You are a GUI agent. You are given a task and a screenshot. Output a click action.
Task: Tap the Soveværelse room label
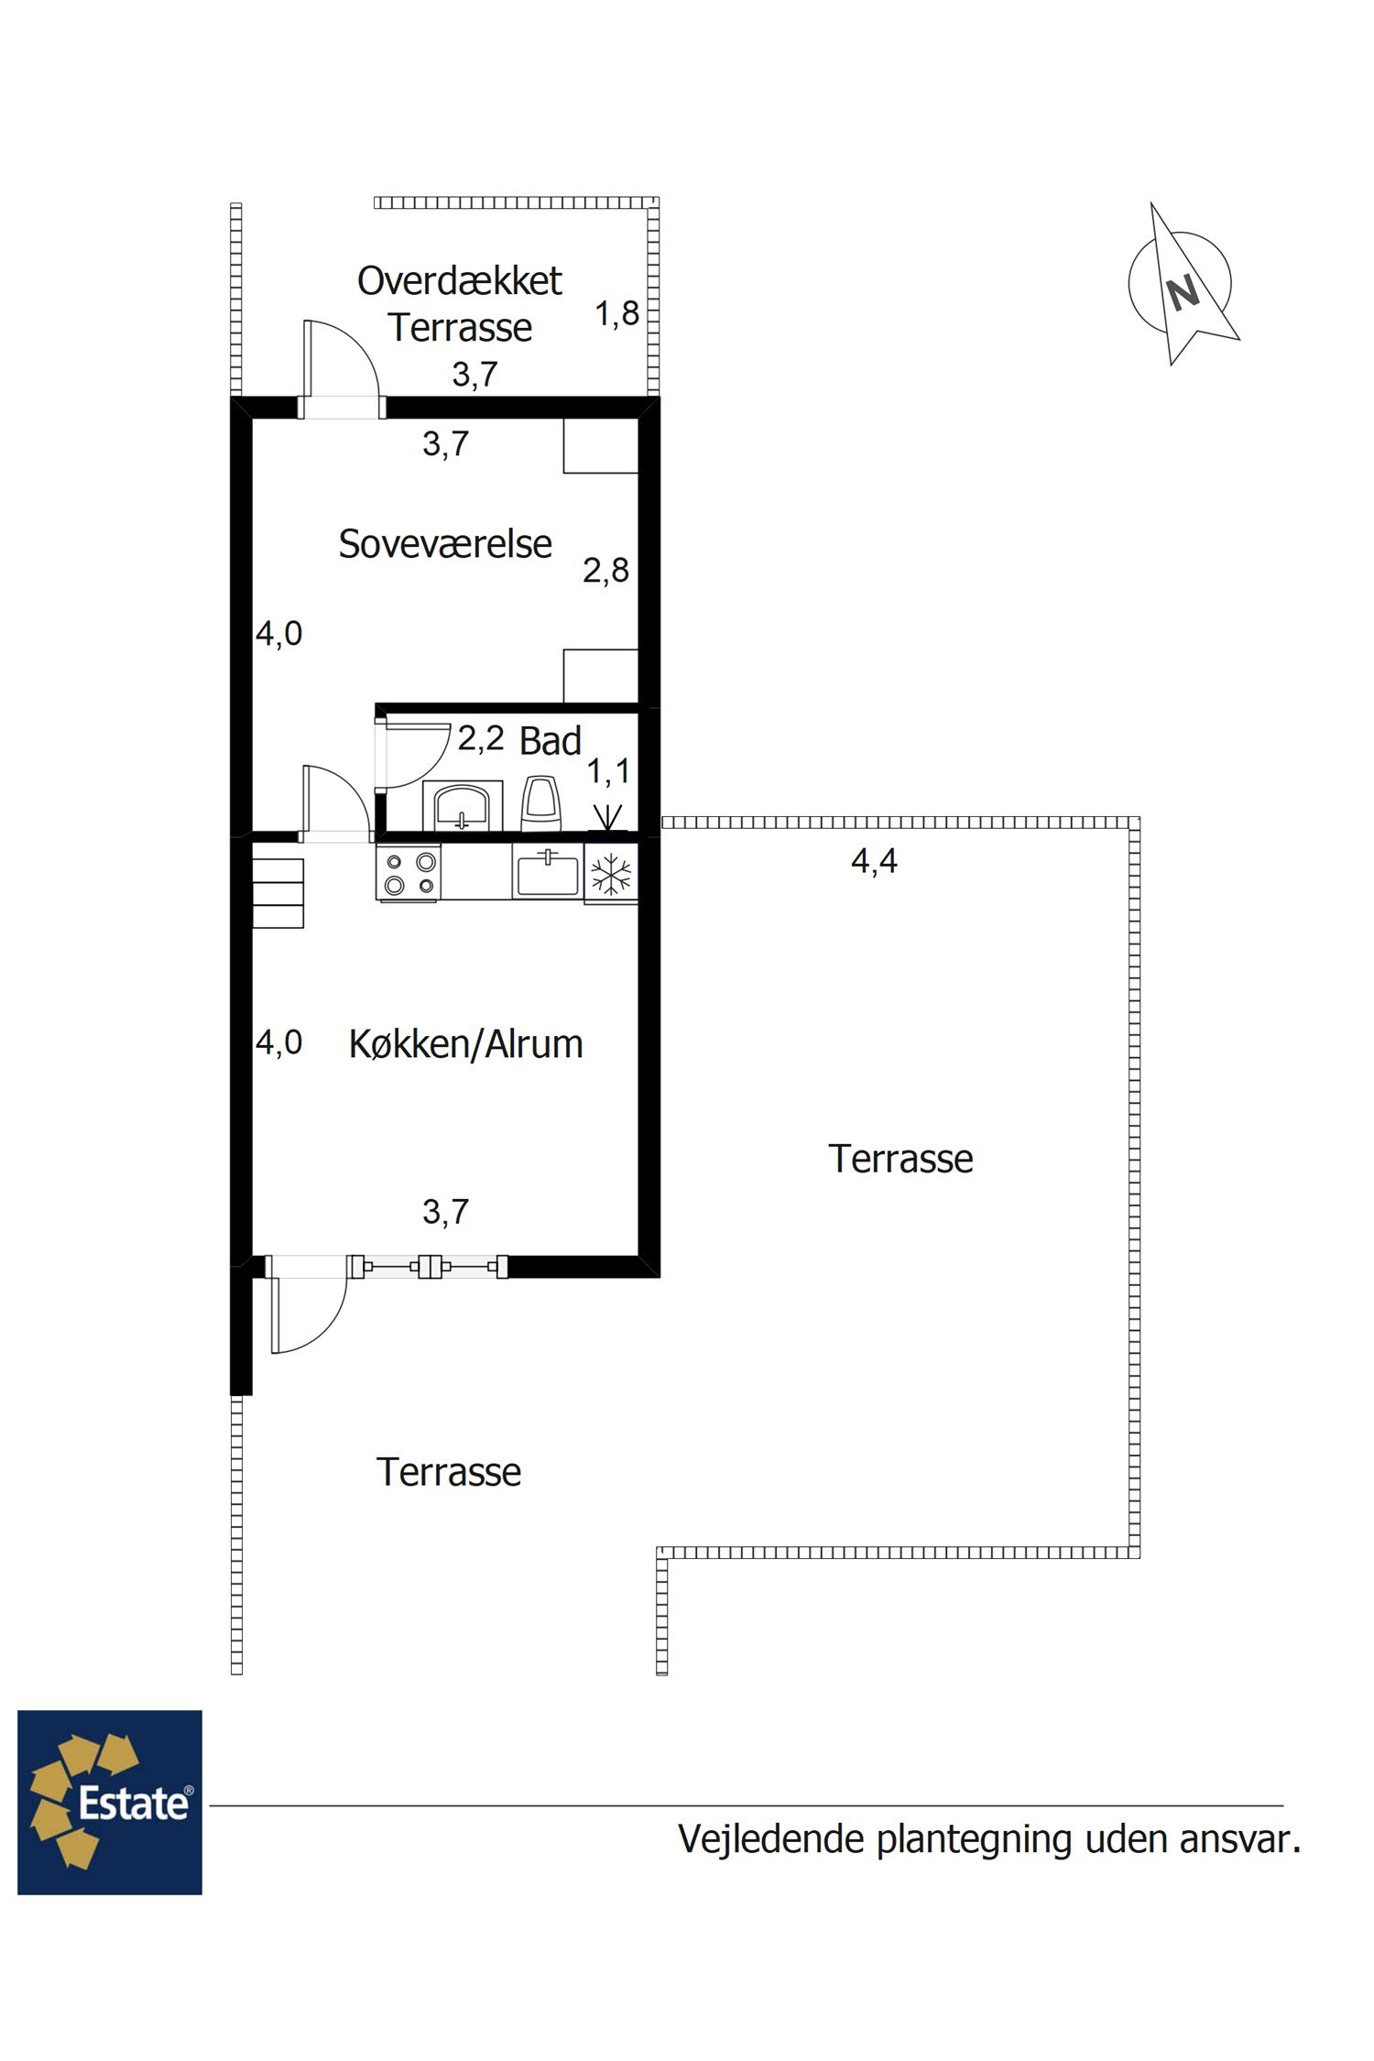click(x=445, y=544)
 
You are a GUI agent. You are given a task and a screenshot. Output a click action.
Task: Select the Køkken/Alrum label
click(x=465, y=1044)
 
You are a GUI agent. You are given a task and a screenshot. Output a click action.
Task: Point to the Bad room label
click(x=550, y=740)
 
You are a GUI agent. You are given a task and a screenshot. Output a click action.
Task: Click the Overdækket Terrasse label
click(x=459, y=304)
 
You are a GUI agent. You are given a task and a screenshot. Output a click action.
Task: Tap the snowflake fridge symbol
click(x=611, y=874)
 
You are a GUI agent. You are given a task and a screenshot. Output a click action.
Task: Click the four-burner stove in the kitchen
click(x=409, y=874)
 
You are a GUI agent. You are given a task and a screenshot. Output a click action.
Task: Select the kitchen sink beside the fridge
click(x=547, y=872)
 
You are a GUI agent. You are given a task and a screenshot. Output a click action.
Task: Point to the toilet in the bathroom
click(x=540, y=803)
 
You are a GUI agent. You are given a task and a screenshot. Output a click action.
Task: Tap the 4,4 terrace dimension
click(x=874, y=861)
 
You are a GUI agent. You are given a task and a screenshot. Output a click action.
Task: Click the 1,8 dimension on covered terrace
click(x=616, y=314)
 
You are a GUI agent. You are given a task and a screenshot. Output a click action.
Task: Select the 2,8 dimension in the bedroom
click(x=605, y=571)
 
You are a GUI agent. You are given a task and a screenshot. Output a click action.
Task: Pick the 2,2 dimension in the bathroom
click(x=481, y=738)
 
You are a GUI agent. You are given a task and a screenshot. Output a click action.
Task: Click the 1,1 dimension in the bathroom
click(x=608, y=772)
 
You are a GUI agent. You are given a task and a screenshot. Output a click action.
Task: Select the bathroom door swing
click(x=413, y=754)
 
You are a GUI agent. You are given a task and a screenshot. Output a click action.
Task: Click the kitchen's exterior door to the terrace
click(x=306, y=1304)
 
